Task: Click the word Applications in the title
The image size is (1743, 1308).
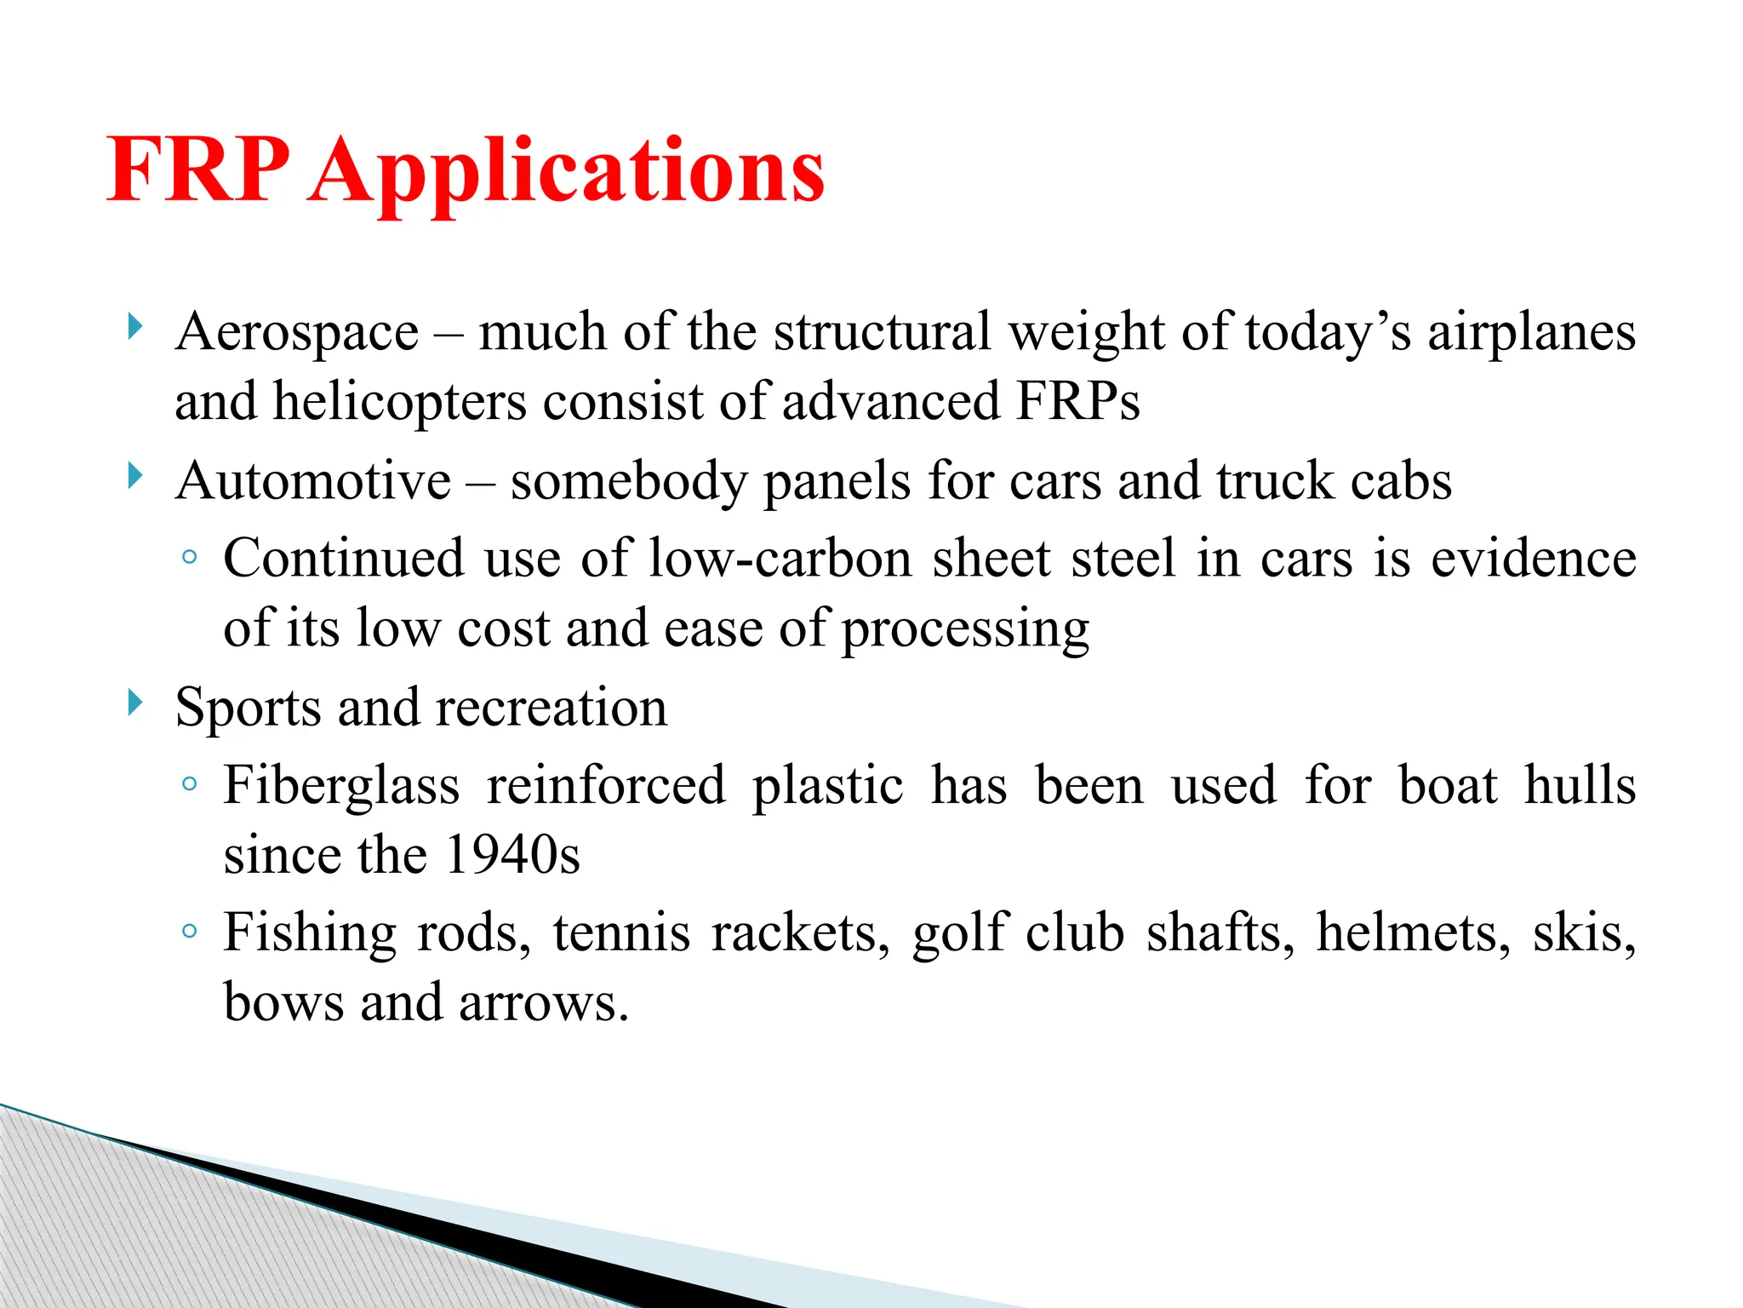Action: coord(567,174)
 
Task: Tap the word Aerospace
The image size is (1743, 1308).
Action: coord(297,331)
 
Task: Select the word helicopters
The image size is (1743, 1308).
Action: coord(399,402)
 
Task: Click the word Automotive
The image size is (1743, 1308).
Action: coord(313,481)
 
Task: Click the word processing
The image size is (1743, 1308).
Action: coord(965,630)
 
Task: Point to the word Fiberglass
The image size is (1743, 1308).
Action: coord(341,785)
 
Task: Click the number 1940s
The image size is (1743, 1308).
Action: coord(512,855)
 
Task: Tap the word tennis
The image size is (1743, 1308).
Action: coord(621,932)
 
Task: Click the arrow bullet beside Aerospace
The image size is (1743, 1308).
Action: coord(134,326)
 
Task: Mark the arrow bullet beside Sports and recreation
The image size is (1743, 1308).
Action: coord(134,703)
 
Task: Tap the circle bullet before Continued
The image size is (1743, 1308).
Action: coord(190,559)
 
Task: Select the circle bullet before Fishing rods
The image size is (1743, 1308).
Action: coord(190,932)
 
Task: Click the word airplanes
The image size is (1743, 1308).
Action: coord(1531,333)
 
